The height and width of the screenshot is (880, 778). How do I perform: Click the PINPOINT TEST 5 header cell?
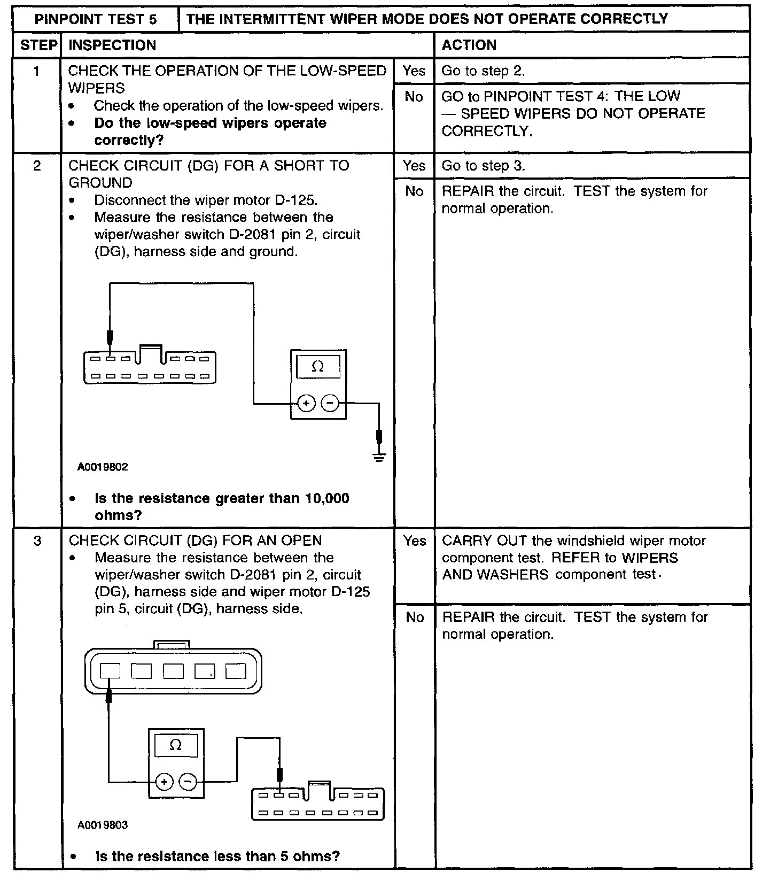coord(96,19)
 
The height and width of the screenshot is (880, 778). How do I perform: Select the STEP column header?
coord(37,45)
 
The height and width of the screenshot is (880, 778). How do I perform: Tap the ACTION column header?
coord(469,45)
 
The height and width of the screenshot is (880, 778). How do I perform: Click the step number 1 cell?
coord(36,71)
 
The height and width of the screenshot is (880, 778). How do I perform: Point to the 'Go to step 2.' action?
coord(483,71)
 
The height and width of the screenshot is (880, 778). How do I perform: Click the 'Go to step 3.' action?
coord(483,166)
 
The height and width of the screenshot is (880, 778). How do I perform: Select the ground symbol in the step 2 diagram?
coord(379,457)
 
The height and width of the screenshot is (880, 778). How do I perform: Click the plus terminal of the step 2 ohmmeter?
coord(306,404)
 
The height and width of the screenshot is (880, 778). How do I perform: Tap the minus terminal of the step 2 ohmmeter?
coord(331,404)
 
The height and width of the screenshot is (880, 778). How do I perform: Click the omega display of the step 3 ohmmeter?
coord(176,745)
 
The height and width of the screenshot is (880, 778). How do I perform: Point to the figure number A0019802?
coord(103,467)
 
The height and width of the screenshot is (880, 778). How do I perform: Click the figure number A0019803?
coord(103,825)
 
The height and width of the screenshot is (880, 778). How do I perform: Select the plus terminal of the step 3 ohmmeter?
coord(164,782)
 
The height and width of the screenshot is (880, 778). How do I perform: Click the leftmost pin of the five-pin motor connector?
coord(110,670)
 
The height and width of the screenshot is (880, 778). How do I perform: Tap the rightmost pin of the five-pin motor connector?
coord(235,670)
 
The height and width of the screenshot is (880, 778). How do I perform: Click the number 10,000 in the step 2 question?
coord(327,499)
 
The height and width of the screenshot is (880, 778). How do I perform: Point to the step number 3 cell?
coord(37,541)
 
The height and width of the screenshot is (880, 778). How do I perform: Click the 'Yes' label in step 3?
coord(415,541)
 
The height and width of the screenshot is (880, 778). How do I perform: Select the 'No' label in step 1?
coord(414,97)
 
